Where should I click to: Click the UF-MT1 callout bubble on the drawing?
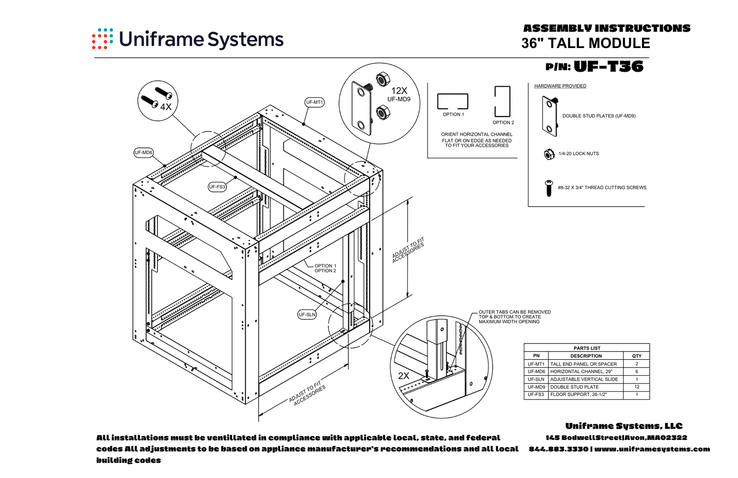[314, 102]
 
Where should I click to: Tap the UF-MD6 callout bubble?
[143, 153]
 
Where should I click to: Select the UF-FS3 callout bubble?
[217, 187]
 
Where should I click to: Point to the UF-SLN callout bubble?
[307, 315]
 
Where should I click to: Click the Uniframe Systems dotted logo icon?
[102, 39]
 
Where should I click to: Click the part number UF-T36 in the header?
[608, 66]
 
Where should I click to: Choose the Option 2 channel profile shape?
[502, 101]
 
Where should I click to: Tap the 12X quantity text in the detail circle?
[399, 91]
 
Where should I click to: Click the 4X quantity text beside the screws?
[166, 107]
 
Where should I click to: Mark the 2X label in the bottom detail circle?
[403, 376]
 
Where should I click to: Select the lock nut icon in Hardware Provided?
[549, 154]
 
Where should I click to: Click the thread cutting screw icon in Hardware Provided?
[549, 188]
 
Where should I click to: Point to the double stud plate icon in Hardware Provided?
[550, 116]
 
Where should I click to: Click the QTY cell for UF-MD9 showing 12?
[636, 387]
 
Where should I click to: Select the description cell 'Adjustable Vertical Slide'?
[584, 380]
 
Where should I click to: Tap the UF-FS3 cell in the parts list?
[536, 395]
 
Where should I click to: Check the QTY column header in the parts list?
[636, 356]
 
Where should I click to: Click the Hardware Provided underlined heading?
[560, 86]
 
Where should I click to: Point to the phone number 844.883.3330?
[558, 449]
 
